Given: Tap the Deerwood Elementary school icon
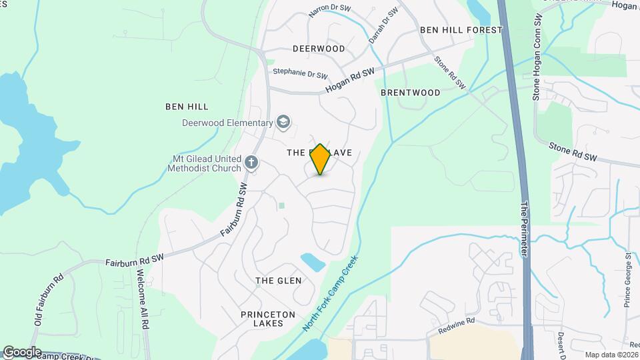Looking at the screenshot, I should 283,122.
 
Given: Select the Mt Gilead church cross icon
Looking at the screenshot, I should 251,162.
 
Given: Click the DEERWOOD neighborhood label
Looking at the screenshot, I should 319,49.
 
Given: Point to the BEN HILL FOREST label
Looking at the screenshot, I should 461,30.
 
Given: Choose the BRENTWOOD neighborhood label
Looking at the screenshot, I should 411,93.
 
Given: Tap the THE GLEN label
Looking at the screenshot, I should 279,281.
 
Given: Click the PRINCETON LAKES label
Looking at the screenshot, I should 263,318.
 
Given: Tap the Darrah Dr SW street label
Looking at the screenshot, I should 384,26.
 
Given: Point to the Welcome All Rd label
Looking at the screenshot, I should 141,297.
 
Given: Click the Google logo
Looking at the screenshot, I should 22,351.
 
